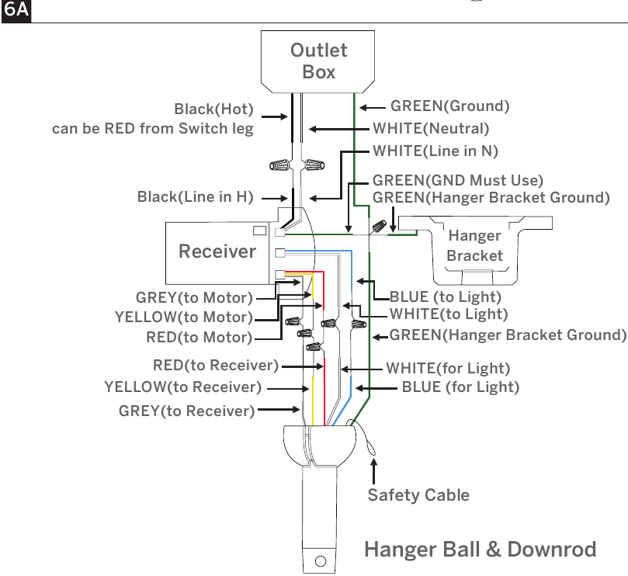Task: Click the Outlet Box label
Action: coord(319,61)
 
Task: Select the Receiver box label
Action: coord(217,252)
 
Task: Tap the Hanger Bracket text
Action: coord(474,245)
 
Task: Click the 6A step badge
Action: coord(16,9)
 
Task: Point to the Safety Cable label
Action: coord(418,495)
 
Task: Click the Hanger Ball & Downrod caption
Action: coord(481,549)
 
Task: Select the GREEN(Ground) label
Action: coord(449,106)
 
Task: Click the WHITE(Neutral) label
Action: coord(431,129)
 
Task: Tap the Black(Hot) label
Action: coord(214,109)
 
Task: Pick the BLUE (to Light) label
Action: coord(446,297)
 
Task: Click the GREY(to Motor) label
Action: coord(194,297)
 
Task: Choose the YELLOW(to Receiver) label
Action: coord(182,387)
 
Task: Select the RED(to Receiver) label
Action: coord(216,366)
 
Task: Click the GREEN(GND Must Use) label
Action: coord(458,180)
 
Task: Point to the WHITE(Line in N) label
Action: coord(435,151)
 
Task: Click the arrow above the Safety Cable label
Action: coord(373,471)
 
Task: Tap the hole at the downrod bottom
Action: coord(321,561)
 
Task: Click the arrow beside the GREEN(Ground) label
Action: coord(373,107)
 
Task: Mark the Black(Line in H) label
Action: coord(195,197)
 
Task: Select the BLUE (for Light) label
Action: coord(460,387)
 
